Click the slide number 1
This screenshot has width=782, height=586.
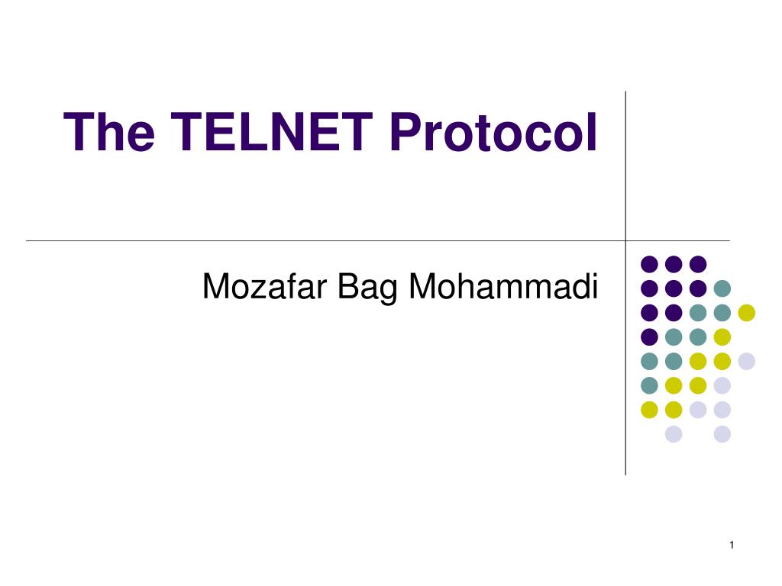(731, 544)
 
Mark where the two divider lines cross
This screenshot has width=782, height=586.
(625, 240)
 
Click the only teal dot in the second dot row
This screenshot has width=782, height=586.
(722, 288)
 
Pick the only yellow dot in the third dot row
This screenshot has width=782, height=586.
(746, 312)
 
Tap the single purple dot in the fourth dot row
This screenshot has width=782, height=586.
(649, 336)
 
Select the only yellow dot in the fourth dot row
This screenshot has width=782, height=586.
(722, 336)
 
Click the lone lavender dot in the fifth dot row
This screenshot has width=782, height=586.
(746, 361)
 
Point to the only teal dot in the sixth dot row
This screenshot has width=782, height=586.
(649, 385)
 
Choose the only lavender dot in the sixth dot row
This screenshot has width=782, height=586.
(722, 385)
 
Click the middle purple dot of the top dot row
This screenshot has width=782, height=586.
(674, 264)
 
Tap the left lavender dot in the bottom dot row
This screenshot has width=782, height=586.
(674, 434)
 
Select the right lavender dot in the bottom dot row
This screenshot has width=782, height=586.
(722, 434)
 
